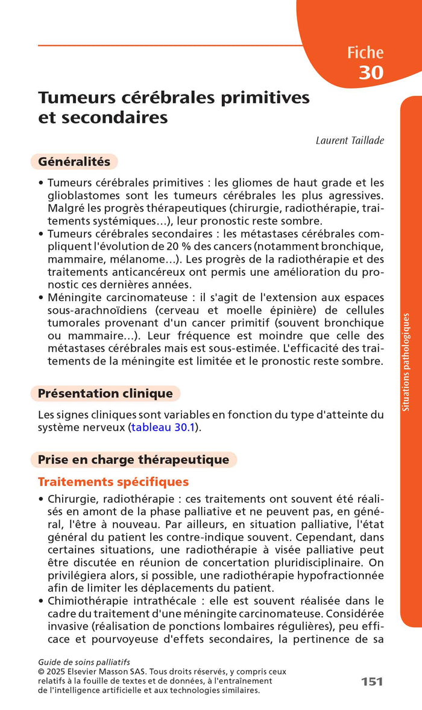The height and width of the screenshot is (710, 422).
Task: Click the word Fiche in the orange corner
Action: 365,52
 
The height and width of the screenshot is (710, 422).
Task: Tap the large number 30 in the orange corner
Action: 371,72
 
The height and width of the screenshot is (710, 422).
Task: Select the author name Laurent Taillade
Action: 350,140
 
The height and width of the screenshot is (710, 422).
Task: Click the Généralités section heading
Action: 74,162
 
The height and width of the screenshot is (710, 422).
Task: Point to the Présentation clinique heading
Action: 105,394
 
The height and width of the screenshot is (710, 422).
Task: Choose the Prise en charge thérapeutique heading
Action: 133,460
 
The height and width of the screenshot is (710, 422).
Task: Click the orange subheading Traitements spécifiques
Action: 113,482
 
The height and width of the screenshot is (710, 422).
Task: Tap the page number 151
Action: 372,682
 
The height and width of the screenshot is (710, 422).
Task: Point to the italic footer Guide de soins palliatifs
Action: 84,662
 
